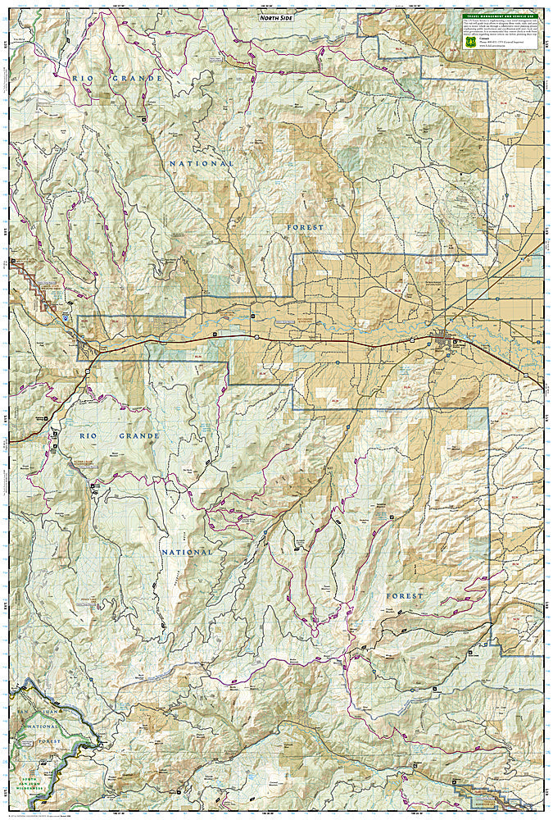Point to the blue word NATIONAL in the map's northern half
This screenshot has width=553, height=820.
point(202,164)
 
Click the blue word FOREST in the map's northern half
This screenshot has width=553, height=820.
point(306,226)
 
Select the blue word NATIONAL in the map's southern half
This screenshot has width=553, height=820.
point(187,552)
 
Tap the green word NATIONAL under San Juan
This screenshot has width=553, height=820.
point(43,727)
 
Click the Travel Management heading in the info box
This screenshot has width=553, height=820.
point(496,16)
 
